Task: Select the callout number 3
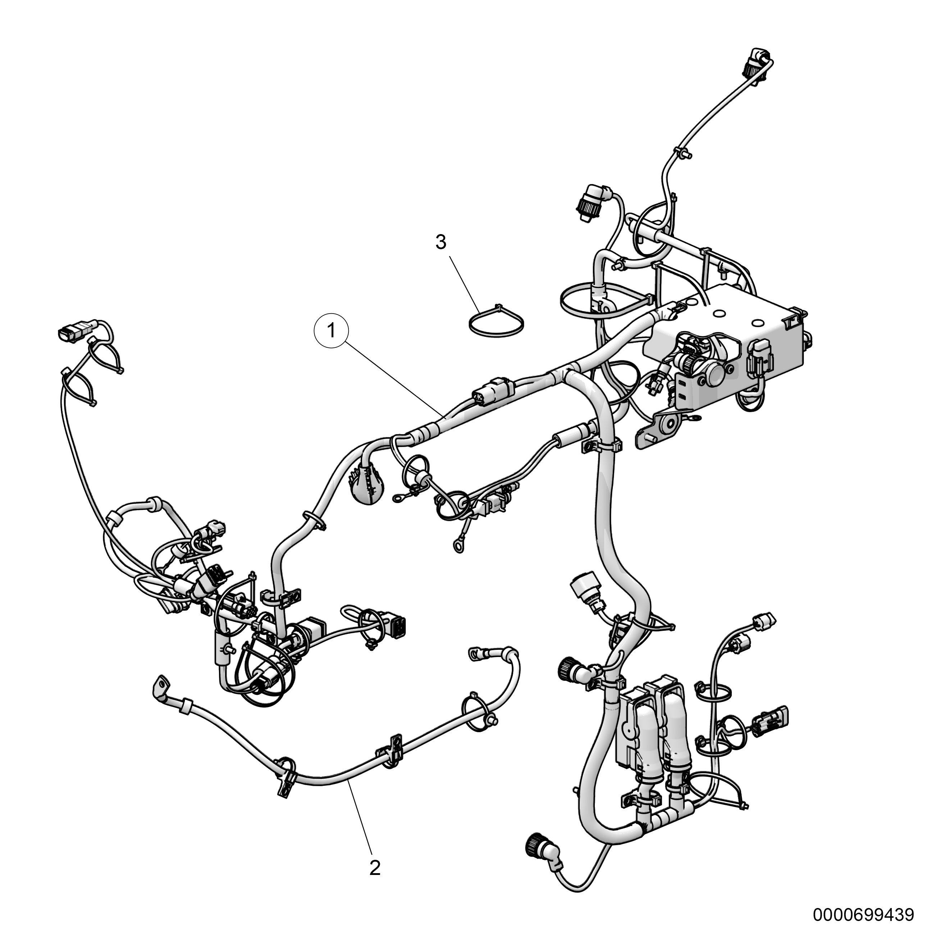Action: [441, 242]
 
